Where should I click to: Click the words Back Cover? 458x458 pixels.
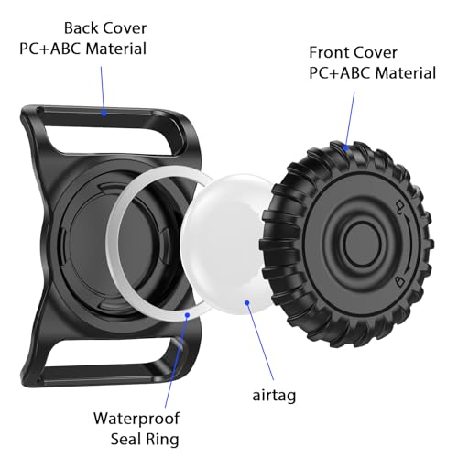point(105,28)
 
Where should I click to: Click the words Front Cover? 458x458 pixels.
point(353,52)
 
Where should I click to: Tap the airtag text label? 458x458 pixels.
point(274,396)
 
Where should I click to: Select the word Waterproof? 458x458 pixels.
point(136,419)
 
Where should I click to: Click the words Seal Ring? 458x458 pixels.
point(145,440)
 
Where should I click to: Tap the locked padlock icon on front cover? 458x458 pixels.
point(399,281)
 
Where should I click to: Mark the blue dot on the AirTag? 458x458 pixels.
point(247,302)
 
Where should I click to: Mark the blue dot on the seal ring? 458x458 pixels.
point(188,315)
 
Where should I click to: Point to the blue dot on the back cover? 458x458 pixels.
point(104,114)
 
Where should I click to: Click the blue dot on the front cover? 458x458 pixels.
point(345,148)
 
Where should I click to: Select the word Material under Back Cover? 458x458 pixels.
point(115,49)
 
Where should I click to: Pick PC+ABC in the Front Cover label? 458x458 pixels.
point(340,73)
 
